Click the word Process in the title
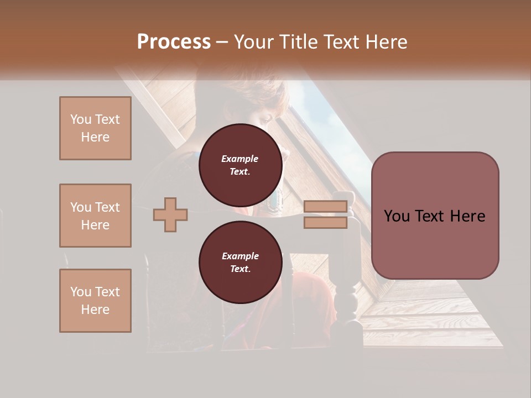pyautogui.click(x=174, y=42)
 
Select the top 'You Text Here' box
pyautogui.click(x=95, y=128)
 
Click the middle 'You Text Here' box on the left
pyautogui.click(x=95, y=216)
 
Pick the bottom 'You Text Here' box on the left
pyautogui.click(x=95, y=300)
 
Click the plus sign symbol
pyautogui.click(x=170, y=214)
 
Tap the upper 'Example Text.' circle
pyautogui.click(x=240, y=165)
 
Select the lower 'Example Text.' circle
pyautogui.click(x=240, y=263)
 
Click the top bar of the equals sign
pyautogui.click(x=326, y=207)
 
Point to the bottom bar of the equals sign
pyautogui.click(x=326, y=222)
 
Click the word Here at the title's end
pyautogui.click(x=386, y=42)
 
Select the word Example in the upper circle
pyautogui.click(x=240, y=159)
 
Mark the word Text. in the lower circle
pyautogui.click(x=240, y=269)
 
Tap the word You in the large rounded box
pyautogui.click(x=397, y=216)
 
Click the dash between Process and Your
pyautogui.click(x=222, y=42)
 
